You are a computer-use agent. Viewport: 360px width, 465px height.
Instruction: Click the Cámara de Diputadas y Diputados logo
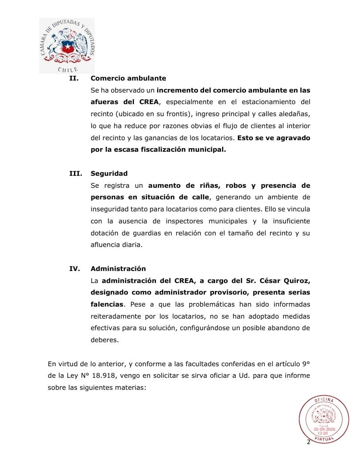click(x=67, y=45)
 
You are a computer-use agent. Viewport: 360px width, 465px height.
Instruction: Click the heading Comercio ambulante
click(x=128, y=78)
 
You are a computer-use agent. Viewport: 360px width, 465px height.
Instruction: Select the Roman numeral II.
click(x=74, y=78)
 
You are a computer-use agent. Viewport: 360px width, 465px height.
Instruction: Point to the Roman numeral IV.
click(x=74, y=269)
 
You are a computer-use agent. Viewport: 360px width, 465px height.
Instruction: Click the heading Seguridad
click(x=109, y=174)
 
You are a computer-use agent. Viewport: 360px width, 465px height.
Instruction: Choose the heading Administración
click(x=118, y=269)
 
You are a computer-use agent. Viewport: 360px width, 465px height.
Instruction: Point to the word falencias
click(x=106, y=305)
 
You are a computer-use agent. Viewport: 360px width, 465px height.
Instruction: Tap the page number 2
click(x=308, y=442)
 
